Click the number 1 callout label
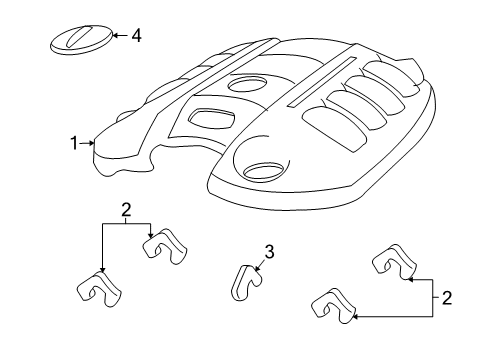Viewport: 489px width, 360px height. [x=73, y=143]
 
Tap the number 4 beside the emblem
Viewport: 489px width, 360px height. [x=136, y=36]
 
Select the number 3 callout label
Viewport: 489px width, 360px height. [x=269, y=251]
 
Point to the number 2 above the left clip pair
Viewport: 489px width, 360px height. [x=126, y=210]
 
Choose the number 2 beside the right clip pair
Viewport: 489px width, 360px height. [x=446, y=297]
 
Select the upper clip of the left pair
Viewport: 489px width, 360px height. [x=163, y=248]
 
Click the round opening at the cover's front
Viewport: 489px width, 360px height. [x=263, y=173]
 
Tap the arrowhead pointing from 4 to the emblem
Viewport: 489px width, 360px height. [x=114, y=36]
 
